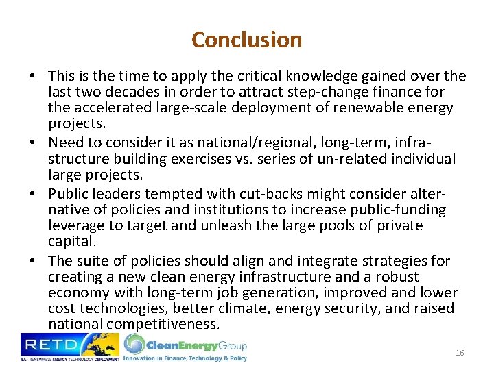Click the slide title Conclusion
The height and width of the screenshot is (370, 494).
(x=246, y=40)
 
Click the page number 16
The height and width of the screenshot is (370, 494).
(x=460, y=352)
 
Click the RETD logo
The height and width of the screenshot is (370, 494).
(x=69, y=347)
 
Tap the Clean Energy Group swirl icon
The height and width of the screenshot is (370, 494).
(x=134, y=344)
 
